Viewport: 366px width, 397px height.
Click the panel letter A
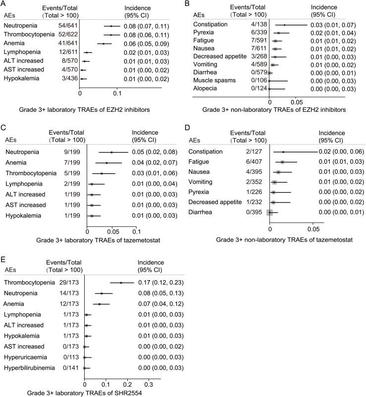4,4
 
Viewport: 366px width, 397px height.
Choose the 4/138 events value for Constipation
254,24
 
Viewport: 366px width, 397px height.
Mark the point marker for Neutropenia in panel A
111,26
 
